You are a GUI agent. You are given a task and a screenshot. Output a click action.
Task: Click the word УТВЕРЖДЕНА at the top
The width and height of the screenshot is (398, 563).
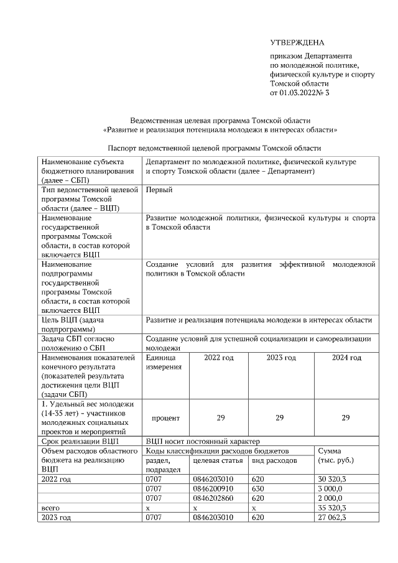point(297,42)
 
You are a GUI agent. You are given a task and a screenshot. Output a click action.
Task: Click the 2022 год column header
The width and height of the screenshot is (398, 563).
point(219,358)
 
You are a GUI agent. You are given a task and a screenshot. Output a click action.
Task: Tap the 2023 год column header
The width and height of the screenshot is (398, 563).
point(281,358)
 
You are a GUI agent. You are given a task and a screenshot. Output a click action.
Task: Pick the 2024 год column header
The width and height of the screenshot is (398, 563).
point(346,358)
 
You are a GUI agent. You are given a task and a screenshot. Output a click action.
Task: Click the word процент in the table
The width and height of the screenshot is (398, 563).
point(166,418)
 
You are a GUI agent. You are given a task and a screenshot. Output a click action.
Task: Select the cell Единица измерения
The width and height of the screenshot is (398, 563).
point(163,363)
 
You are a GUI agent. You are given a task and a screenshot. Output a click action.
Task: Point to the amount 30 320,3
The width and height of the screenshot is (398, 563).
point(332,480)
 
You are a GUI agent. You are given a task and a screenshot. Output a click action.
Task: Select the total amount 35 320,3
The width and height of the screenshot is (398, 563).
point(332,508)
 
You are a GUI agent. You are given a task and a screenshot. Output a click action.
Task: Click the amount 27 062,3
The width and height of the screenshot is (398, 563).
point(332,517)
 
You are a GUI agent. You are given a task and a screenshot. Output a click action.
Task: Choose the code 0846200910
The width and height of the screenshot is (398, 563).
point(213,489)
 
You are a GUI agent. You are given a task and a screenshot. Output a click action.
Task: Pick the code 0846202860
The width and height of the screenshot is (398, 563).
point(213,498)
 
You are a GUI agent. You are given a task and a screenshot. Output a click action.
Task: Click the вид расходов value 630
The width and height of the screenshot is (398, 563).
point(259,489)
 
